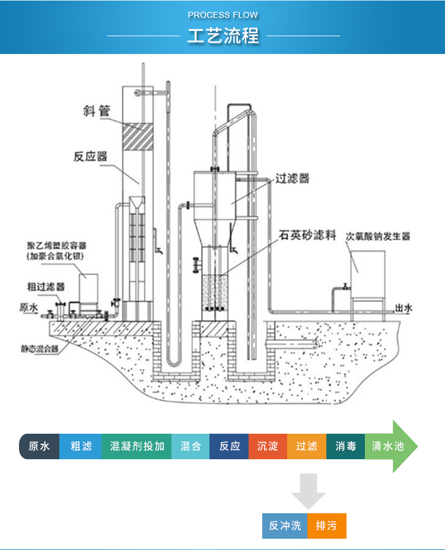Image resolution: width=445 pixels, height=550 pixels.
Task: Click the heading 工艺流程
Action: tap(223, 36)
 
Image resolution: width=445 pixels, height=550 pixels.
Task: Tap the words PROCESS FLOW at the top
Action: tap(223, 15)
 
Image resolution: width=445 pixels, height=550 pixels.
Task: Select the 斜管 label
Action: tap(97, 110)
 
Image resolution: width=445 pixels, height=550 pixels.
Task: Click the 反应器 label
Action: tap(90, 157)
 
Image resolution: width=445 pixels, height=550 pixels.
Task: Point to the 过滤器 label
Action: tap(292, 178)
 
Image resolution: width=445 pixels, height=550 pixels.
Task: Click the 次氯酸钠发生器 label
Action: tap(378, 236)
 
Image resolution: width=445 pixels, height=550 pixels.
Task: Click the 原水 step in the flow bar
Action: tap(40, 446)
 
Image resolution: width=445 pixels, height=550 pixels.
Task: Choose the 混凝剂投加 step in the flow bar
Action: tap(137, 446)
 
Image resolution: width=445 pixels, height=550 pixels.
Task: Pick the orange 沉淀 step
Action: tap(268, 446)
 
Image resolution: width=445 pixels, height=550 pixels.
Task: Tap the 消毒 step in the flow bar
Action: tap(345, 446)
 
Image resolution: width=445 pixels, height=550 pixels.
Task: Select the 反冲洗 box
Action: tap(285, 526)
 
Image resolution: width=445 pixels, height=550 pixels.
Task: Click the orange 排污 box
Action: tap(326, 526)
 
